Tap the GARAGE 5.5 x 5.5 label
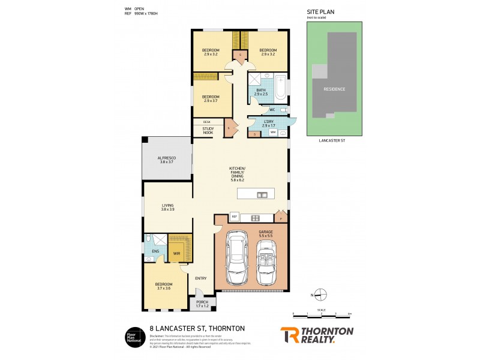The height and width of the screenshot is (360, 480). pyautogui.click(x=265, y=233)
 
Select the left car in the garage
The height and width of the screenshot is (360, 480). pyautogui.click(x=238, y=262)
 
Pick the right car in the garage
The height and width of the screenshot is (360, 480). pyautogui.click(x=266, y=264)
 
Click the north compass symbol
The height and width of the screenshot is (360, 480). pyautogui.click(x=321, y=294)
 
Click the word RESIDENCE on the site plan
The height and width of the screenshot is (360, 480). pyautogui.click(x=334, y=89)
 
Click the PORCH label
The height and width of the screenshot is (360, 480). pyautogui.click(x=202, y=304)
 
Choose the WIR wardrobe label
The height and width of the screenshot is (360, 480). pyautogui.click(x=176, y=254)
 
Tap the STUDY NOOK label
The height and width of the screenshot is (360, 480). pyautogui.click(x=208, y=130)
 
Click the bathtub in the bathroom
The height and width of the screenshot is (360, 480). pyautogui.click(x=280, y=90)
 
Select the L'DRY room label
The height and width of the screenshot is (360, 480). pyautogui.click(x=268, y=122)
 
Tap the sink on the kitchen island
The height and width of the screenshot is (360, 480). pyautogui.click(x=262, y=194)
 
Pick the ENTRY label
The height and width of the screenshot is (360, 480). pyautogui.click(x=201, y=277)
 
